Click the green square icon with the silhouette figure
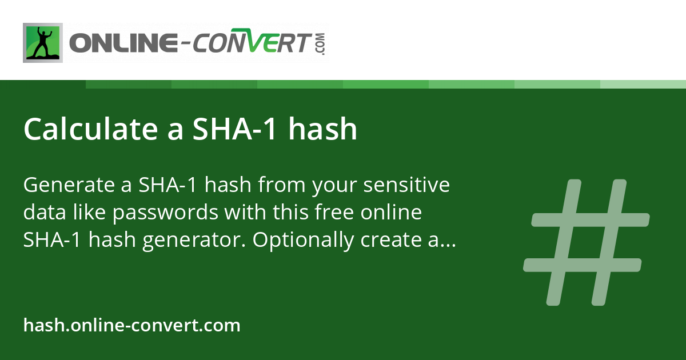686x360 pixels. [43, 43]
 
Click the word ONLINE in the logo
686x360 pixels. [123, 42]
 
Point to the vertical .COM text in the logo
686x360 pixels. [320, 44]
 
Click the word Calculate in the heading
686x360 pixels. [91, 129]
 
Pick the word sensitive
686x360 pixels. [406, 185]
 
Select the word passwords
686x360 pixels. [165, 213]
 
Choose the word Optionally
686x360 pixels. [303, 239]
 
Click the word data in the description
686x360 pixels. [45, 212]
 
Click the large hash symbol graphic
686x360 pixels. [586, 242]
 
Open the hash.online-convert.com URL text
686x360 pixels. [131, 325]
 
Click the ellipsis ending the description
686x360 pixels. [448, 245]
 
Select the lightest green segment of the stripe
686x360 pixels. [643, 84]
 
